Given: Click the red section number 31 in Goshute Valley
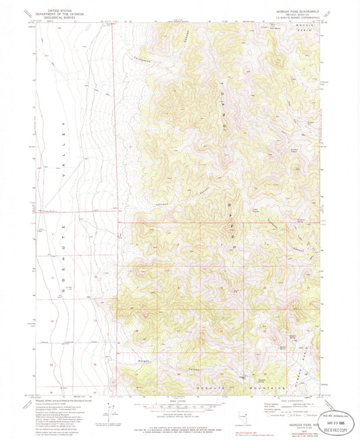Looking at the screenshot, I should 51,277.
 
